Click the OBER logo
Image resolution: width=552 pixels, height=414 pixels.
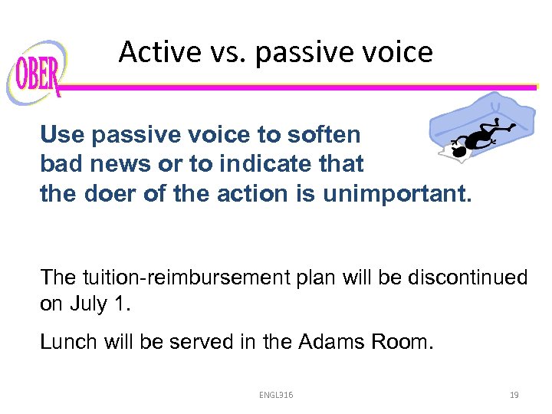point(35,74)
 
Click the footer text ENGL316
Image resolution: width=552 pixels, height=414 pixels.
point(275,395)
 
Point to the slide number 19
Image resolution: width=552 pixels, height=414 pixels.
point(514,395)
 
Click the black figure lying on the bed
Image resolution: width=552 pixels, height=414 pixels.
point(480,136)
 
